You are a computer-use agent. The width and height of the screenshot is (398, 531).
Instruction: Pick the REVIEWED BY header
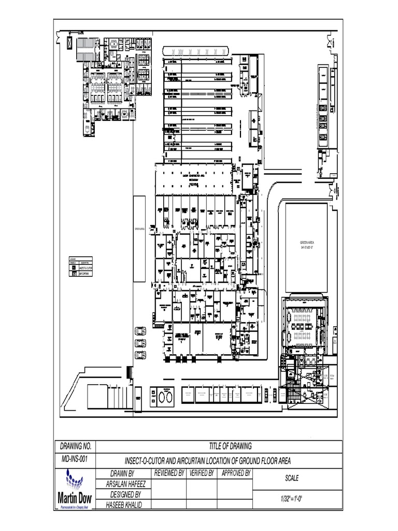pyautogui.click(x=168, y=473)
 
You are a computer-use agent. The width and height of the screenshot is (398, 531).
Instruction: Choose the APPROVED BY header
pyautogui.click(x=236, y=473)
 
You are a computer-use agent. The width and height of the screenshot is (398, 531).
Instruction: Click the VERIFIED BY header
pyautogui.click(x=202, y=473)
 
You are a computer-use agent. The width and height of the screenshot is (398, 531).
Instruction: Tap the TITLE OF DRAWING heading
pyautogui.click(x=230, y=446)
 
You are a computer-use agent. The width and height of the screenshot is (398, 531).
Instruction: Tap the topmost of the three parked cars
pyautogui.click(x=140, y=331)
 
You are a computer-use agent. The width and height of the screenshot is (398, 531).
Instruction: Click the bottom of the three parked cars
pyautogui.click(x=140, y=355)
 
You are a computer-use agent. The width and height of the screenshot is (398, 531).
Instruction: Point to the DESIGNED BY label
pyautogui.click(x=123, y=494)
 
